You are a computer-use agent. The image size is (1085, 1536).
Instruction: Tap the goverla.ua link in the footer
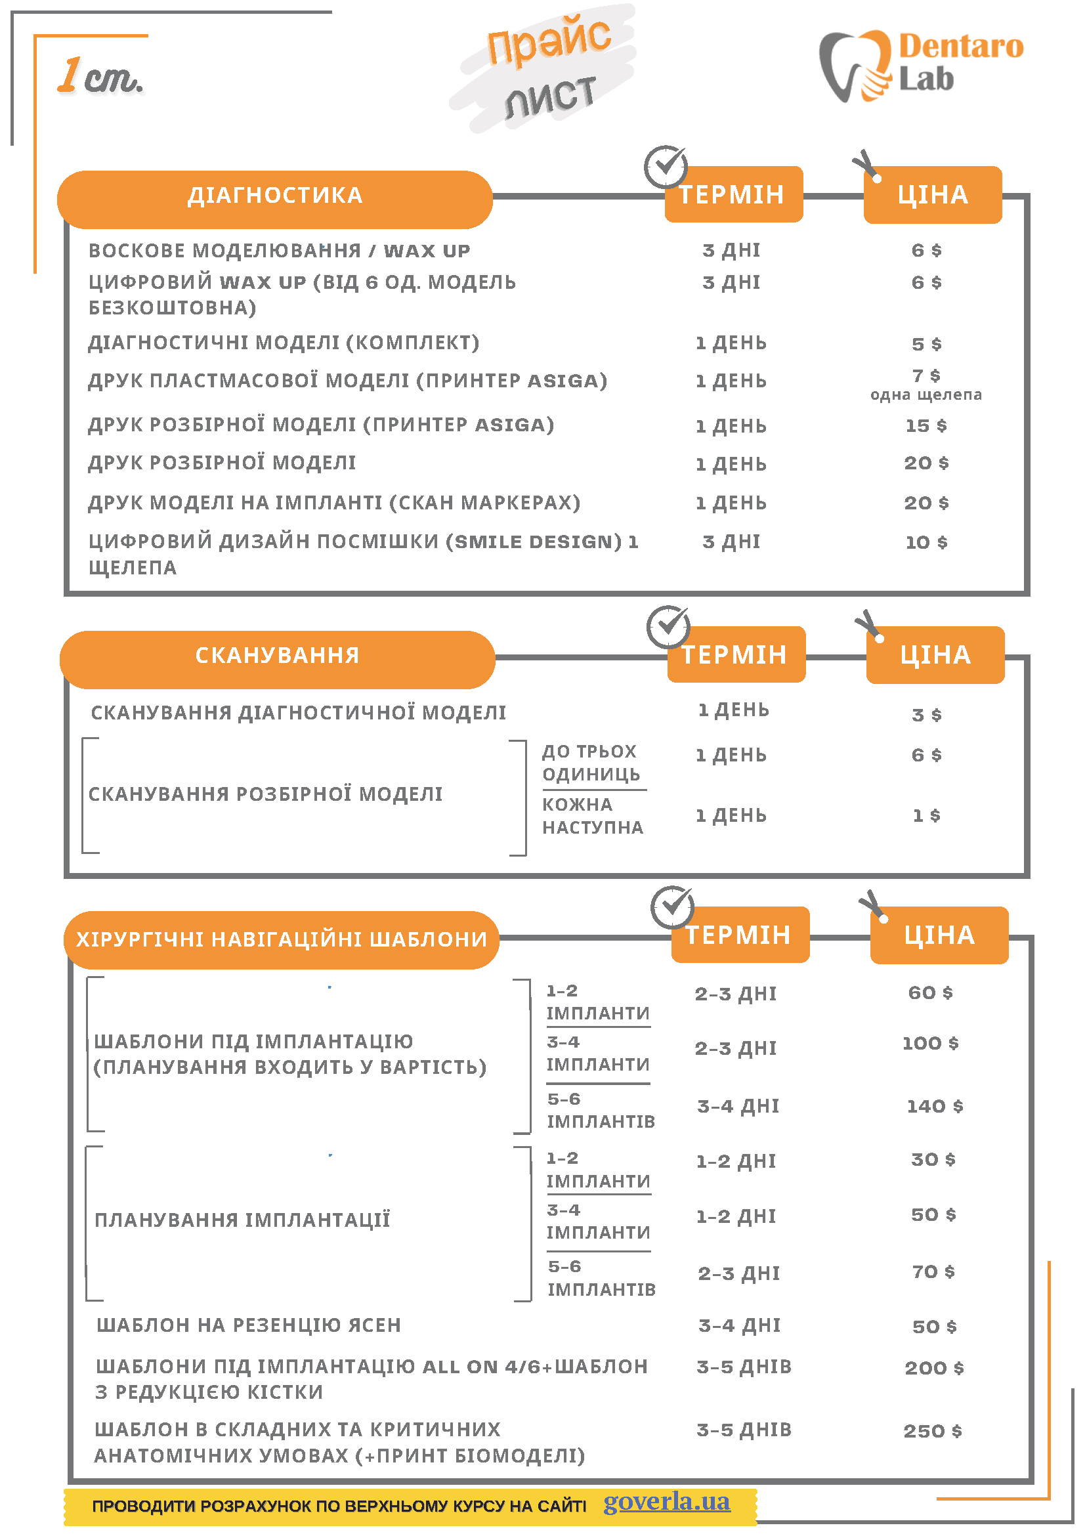pyautogui.click(x=666, y=1501)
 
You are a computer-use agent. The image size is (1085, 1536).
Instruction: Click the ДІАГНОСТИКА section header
pyautogui.click(x=275, y=196)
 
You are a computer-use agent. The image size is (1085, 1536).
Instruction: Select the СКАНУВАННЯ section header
pyautogui.click(x=277, y=655)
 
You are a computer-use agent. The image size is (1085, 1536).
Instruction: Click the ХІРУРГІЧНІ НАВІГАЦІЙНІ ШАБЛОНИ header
pyautogui.click(x=282, y=939)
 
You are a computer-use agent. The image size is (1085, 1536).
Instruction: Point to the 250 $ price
pyautogui.click(x=933, y=1431)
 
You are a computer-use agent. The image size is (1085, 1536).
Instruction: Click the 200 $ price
pyautogui.click(x=934, y=1368)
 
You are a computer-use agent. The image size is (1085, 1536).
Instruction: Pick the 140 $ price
pyautogui.click(x=935, y=1106)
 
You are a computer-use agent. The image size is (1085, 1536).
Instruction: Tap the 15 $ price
pyautogui.click(x=925, y=425)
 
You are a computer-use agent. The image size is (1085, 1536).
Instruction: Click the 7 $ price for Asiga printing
pyautogui.click(x=925, y=375)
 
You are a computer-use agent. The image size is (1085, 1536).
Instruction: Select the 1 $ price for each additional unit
pyautogui.click(x=925, y=815)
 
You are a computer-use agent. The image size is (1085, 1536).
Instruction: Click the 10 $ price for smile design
pyautogui.click(x=925, y=542)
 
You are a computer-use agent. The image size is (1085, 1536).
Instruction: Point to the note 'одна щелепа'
pyautogui.click(x=925, y=395)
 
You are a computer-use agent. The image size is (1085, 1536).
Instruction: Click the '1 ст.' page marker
pyautogui.click(x=100, y=76)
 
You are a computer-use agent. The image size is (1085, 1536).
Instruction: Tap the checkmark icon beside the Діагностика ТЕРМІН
pyautogui.click(x=666, y=166)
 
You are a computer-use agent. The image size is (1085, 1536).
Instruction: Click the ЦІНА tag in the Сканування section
pyautogui.click(x=935, y=655)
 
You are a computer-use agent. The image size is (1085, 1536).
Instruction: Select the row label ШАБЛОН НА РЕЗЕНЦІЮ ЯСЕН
pyautogui.click(x=249, y=1325)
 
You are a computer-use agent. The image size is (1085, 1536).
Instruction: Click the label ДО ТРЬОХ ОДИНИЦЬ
pyautogui.click(x=591, y=763)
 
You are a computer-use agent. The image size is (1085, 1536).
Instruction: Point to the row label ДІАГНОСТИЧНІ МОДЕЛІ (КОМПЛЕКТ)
pyautogui.click(x=284, y=343)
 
